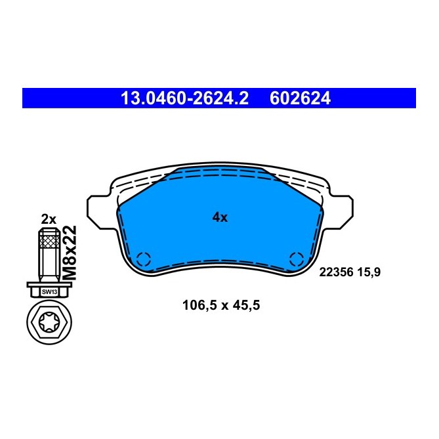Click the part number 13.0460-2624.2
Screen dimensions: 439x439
184,98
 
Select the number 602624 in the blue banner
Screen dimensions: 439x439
300,98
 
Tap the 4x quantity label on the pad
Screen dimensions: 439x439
219,218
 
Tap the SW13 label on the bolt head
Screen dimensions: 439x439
49,291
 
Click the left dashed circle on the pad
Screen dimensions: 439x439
144,259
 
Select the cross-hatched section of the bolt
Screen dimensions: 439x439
49,245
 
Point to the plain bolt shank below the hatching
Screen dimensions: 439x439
49,268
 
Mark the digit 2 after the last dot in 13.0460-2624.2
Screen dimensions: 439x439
243,98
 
